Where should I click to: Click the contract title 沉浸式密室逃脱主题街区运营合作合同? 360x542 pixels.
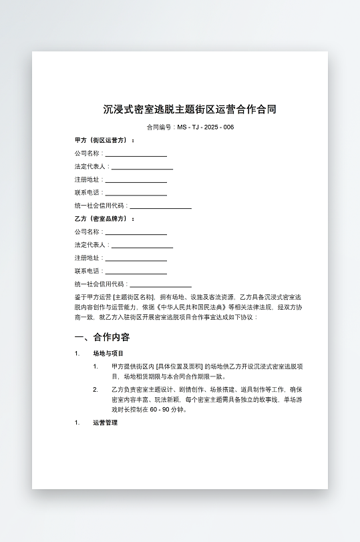point(190,109)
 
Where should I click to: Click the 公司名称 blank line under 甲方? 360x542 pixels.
point(136,154)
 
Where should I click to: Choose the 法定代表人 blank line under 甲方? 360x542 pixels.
point(142,168)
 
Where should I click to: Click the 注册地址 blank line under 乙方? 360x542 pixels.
point(136,259)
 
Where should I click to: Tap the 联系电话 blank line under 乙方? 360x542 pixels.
point(136,272)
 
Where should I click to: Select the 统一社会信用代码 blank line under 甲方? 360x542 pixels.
point(160,207)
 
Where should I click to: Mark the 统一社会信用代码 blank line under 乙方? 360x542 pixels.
point(160,285)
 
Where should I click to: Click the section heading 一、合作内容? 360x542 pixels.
point(102,337)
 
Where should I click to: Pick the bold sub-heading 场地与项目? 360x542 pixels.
point(108,353)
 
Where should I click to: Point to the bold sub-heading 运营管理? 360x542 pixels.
point(105,423)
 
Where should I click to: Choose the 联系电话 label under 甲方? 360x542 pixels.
point(88,194)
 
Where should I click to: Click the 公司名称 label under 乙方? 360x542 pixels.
point(88,232)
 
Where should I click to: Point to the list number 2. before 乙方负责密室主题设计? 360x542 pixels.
point(96,388)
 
